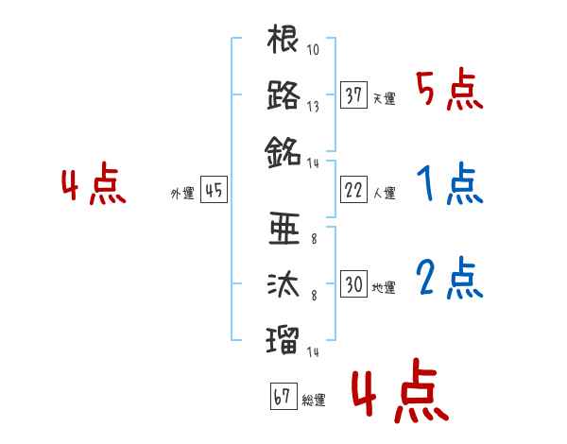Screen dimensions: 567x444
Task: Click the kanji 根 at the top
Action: pos(283,42)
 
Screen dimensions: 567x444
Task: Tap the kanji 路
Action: pos(283,96)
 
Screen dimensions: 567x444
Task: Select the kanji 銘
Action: pos(283,151)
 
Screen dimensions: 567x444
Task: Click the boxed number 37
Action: pos(353,95)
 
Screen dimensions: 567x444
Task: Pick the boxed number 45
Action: pos(214,191)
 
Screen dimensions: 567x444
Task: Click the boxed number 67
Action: pos(283,397)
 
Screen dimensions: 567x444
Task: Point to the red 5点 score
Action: pos(449,91)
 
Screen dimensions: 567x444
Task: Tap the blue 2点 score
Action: pos(449,279)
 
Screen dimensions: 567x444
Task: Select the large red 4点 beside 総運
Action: pos(398,395)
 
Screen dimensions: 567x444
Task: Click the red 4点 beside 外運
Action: pos(94,185)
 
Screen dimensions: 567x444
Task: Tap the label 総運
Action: pos(314,401)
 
